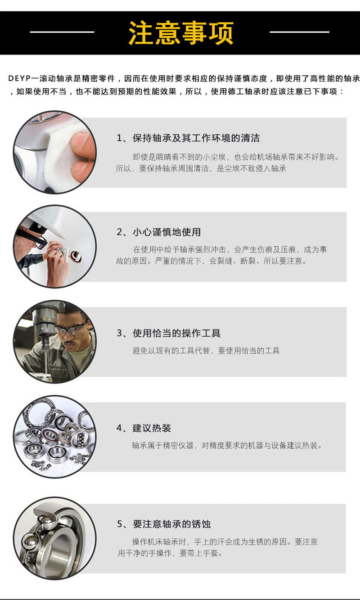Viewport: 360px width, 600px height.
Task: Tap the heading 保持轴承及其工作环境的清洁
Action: point(196,138)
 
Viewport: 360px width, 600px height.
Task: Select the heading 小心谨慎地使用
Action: point(166,232)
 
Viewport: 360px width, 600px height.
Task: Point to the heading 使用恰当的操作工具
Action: point(176,334)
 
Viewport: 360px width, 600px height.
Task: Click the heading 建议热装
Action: point(152,428)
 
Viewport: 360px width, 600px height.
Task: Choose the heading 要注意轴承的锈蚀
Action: point(171,524)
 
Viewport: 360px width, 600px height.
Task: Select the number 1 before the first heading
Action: point(119,138)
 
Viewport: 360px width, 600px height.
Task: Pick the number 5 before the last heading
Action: point(120,524)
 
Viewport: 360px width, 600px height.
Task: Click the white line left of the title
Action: point(62,32)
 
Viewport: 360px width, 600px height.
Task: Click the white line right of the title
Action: point(299,32)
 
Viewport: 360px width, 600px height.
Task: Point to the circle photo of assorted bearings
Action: point(54,436)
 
